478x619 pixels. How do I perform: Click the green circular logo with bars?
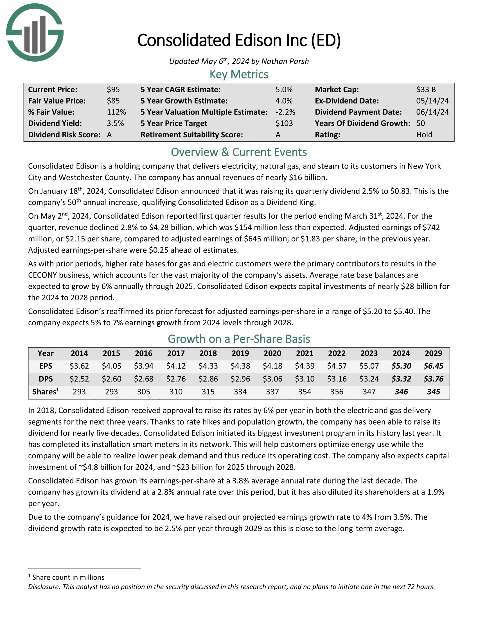tap(35, 32)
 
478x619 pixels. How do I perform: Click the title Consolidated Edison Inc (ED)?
tap(239, 40)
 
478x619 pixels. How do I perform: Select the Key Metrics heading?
tap(239, 75)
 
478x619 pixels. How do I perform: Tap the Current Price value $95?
tap(113, 89)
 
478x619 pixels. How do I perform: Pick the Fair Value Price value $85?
tap(113, 101)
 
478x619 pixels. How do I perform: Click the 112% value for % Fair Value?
tap(116, 112)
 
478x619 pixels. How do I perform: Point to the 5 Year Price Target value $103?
tap(284, 123)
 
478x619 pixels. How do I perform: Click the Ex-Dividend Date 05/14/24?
tap(432, 101)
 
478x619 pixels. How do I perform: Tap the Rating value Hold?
tap(424, 134)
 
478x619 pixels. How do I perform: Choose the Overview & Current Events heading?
tap(239, 152)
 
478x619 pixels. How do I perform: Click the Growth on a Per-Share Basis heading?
tap(239, 339)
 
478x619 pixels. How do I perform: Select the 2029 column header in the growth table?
tap(433, 353)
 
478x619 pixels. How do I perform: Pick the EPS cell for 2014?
tap(79, 366)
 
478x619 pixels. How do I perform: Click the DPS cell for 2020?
tap(272, 379)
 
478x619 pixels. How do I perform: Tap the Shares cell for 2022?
tap(337, 392)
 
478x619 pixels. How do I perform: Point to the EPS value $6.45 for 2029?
tap(433, 366)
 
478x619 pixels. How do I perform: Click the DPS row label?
tap(46, 379)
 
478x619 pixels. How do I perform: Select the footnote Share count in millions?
tap(68, 577)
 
